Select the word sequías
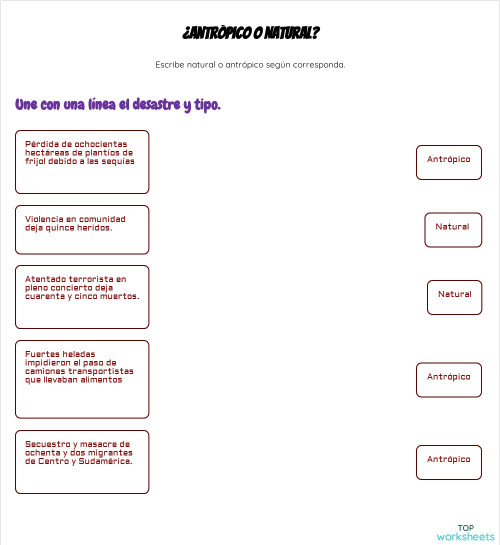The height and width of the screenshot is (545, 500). click(x=117, y=161)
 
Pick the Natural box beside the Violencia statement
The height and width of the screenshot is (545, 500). click(x=452, y=228)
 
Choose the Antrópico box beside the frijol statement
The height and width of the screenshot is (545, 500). click(x=448, y=161)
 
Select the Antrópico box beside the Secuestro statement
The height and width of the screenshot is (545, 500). click(x=448, y=460)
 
